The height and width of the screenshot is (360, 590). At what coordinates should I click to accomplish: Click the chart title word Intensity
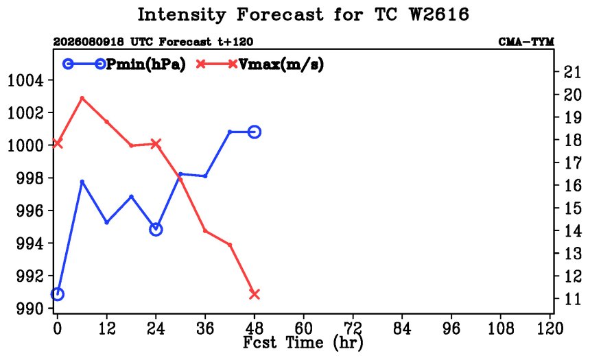[182, 15]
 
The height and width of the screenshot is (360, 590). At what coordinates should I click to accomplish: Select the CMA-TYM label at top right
[526, 42]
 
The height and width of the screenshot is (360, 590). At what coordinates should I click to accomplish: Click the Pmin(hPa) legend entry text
[146, 64]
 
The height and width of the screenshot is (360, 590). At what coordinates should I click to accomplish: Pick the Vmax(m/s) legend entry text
[281, 64]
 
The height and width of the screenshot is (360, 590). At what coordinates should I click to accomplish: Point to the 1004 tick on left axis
[25, 80]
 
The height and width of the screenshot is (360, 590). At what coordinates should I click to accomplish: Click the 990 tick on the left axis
[29, 309]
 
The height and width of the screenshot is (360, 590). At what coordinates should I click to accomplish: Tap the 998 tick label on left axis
[29, 178]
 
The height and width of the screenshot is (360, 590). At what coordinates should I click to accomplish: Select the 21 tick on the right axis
[572, 71]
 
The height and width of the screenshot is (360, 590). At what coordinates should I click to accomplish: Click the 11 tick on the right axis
[572, 299]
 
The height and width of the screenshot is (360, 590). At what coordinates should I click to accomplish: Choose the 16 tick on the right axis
[572, 185]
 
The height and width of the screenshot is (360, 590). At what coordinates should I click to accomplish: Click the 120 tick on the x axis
[550, 328]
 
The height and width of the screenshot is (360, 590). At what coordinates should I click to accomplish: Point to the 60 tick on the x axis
[304, 328]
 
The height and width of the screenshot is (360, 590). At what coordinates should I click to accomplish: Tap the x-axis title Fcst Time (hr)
[303, 343]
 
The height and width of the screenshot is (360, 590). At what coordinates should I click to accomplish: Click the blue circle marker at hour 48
[255, 132]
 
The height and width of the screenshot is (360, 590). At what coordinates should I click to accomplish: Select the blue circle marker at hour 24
[156, 229]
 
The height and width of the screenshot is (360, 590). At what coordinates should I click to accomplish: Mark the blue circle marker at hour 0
[57, 293]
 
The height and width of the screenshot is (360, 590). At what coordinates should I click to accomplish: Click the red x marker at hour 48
[255, 294]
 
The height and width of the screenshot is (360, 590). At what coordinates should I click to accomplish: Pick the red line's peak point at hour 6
[82, 98]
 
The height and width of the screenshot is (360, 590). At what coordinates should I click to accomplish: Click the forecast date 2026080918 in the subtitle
[88, 42]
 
